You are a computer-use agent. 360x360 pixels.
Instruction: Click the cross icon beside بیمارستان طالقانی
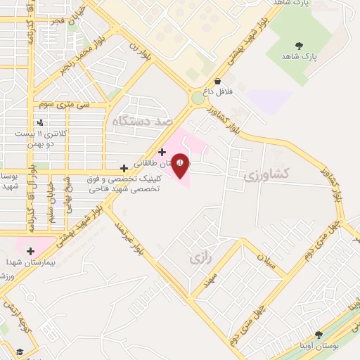pyautogui.click(x=162, y=152)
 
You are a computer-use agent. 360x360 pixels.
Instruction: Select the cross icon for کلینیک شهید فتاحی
pyautogui.click(x=124, y=168)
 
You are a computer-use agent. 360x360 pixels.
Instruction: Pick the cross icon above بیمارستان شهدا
pyautogui.click(x=30, y=250)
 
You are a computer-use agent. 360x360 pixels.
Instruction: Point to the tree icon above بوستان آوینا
pyautogui.click(x=319, y=335)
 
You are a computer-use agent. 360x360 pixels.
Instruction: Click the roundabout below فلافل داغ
pyautogui.click(x=198, y=99)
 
